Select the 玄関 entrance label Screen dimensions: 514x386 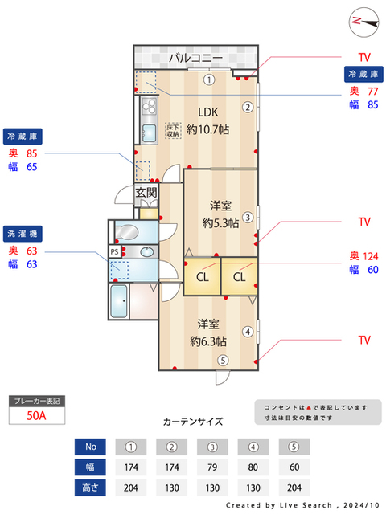coord(146,192)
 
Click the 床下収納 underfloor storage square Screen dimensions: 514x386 coord(173,130)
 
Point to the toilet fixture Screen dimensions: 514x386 coord(127,232)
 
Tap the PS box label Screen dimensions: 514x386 coord(115,251)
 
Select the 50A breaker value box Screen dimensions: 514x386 coord(35,415)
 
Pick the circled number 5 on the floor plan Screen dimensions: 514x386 coord(223,360)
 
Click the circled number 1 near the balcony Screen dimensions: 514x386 coord(208,79)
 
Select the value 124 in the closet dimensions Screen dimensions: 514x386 coord(370,256)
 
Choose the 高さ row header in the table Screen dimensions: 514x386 coord(90,486)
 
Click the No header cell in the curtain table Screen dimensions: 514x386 coord(90,447)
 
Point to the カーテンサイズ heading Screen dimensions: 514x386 coord(193,421)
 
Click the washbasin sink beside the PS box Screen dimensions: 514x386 coord(147,252)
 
